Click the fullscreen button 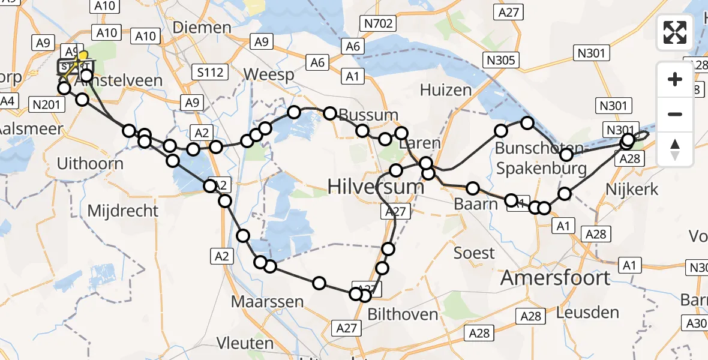pos(675,32)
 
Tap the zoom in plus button pos(675,79)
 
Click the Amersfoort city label pos(555,278)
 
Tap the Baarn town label pos(476,204)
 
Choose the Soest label pos(474,253)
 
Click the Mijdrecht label pos(123,211)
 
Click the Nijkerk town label pos(632,190)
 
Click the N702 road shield pos(377,24)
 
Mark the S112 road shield pos(210,73)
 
